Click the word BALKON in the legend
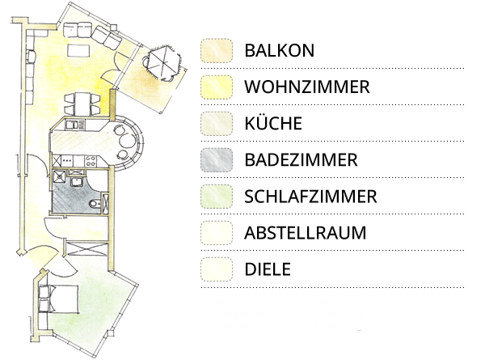[280, 50]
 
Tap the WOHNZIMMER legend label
[307, 87]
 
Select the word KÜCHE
[273, 123]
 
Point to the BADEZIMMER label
[301, 159]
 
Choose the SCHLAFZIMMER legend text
[310, 197]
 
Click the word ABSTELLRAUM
[306, 233]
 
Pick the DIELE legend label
[268, 269]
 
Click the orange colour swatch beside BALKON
[217, 51]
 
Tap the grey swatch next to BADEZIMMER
[217, 160]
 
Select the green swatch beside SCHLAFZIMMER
[217, 197]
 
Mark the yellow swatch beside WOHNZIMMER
[217, 87]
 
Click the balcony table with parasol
[163, 62]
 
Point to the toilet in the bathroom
[95, 204]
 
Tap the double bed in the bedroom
[63, 299]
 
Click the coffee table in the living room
[79, 50]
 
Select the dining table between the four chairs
[82, 104]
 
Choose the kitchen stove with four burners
[91, 161]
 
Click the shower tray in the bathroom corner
[59, 177]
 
